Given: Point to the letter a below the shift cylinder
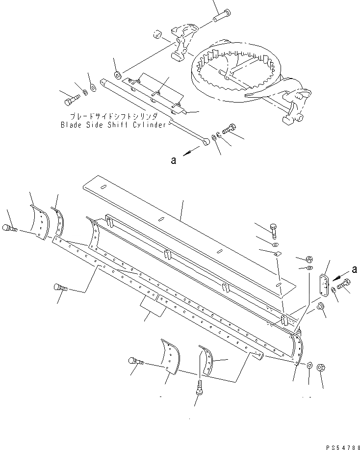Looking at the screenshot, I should point(174,159).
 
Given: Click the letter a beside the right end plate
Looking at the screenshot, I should point(354,269).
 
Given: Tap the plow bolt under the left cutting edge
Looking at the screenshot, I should point(59,290).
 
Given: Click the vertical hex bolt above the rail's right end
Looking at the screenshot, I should point(274,228).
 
